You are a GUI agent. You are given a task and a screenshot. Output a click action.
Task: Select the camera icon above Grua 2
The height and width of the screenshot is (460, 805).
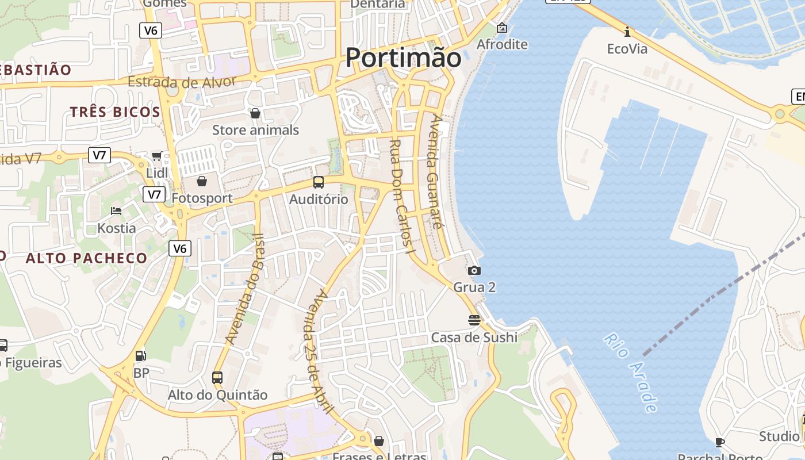pyautogui.click(x=474, y=270)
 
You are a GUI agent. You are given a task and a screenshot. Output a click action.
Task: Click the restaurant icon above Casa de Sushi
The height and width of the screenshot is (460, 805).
pyautogui.click(x=474, y=320)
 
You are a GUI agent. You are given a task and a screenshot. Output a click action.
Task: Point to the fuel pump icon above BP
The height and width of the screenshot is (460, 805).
pyautogui.click(x=141, y=356)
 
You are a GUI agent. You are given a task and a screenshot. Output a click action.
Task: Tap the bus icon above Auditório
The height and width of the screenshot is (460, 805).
pyautogui.click(x=319, y=182)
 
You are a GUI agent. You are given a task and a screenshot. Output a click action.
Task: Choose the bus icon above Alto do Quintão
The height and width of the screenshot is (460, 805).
pyautogui.click(x=217, y=378)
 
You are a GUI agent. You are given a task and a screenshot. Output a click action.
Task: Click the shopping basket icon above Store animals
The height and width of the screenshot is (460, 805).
pyautogui.click(x=255, y=113)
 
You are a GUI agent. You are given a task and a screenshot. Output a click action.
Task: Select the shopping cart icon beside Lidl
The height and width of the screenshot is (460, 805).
pyautogui.click(x=156, y=156)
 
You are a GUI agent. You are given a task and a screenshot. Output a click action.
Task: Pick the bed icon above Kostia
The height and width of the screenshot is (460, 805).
pyautogui.click(x=116, y=211)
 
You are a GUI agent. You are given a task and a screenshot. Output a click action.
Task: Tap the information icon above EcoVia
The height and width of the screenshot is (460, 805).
pyautogui.click(x=627, y=32)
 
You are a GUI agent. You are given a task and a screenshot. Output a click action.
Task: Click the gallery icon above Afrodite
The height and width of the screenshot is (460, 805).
pyautogui.click(x=502, y=28)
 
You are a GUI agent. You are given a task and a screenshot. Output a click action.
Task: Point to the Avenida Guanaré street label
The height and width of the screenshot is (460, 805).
pyautogui.click(x=437, y=172)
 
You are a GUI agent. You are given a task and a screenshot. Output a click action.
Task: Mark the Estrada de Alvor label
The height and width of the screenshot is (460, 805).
pyautogui.click(x=182, y=82)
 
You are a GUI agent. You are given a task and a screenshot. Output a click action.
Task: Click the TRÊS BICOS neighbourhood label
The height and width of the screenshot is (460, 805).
pyautogui.click(x=115, y=112)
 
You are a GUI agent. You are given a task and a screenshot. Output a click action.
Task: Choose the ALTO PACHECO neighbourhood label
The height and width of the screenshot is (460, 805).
pyautogui.click(x=86, y=258)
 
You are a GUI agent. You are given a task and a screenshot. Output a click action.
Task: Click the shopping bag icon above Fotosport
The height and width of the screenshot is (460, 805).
pyautogui.click(x=202, y=182)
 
